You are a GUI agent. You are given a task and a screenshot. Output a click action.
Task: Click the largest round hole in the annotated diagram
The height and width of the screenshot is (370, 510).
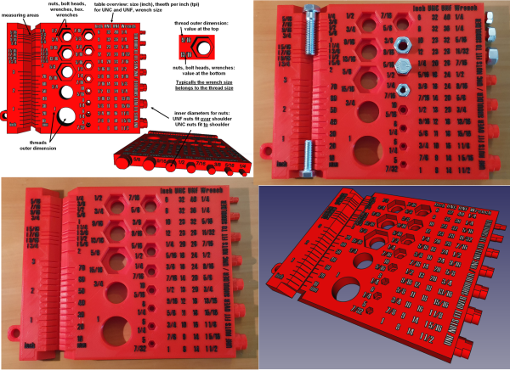click(65, 115)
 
